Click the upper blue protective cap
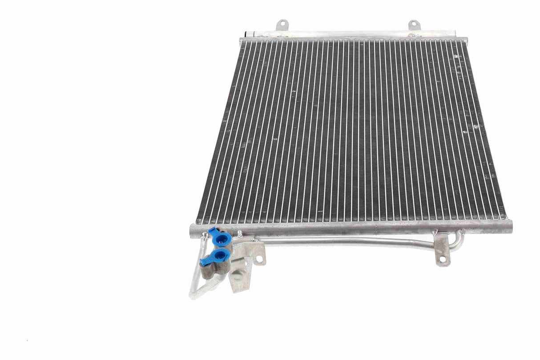click(x=222, y=239)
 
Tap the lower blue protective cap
click(x=220, y=255)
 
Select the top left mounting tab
click(x=281, y=25)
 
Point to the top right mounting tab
click(x=414, y=25)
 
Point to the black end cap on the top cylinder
click(x=246, y=34)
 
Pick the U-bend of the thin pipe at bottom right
click(x=459, y=243)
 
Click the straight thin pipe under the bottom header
click(x=347, y=242)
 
